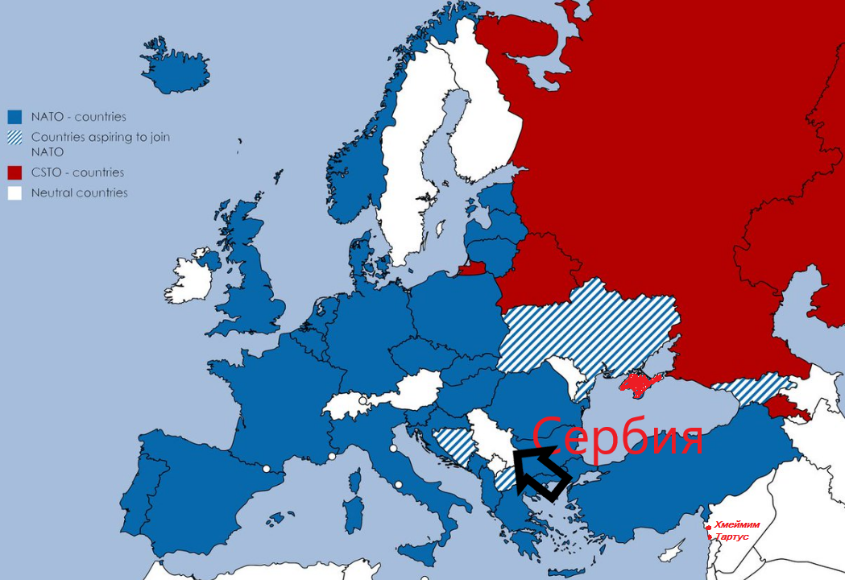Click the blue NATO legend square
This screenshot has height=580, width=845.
coord(14,117)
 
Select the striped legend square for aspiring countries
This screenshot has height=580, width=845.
coord(14,138)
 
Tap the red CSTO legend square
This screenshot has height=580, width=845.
coord(14,172)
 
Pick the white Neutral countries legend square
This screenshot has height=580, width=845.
coord(14,193)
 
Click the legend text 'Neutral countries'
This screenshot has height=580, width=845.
coord(79,193)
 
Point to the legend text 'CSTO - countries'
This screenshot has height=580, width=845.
coord(77,172)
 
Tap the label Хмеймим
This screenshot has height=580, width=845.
coord(736,524)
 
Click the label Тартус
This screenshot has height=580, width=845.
coord(731,536)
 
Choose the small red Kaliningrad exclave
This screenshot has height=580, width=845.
coord(473,268)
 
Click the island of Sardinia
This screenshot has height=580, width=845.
coord(352,516)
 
